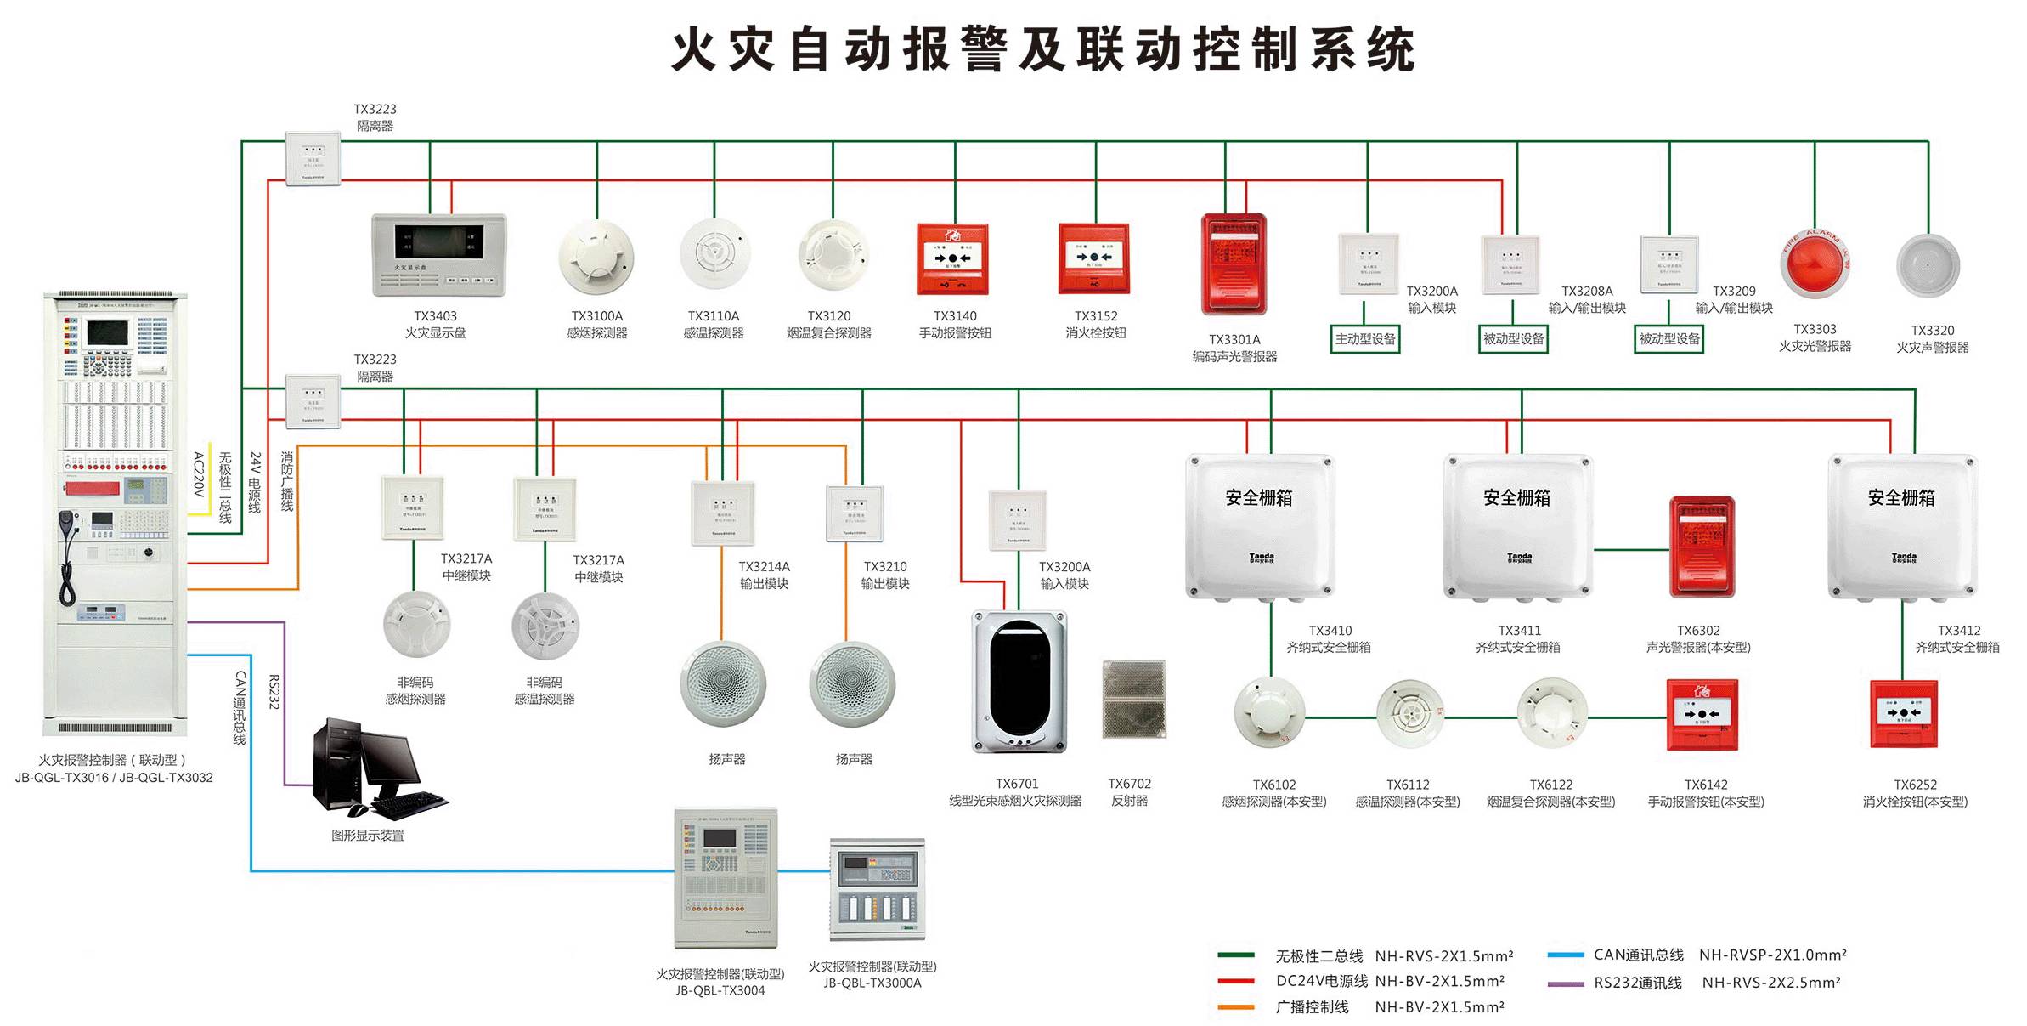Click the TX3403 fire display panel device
click(438, 254)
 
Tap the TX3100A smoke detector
click(596, 257)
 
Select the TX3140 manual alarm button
click(952, 258)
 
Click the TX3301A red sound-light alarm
click(1234, 264)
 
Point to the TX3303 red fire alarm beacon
click(1815, 264)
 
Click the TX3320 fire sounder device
click(1928, 266)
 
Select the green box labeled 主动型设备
click(1365, 339)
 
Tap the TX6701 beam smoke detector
click(1019, 683)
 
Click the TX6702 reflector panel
click(1133, 698)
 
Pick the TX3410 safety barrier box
click(1259, 527)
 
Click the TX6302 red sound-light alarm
click(1702, 547)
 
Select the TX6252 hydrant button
click(1904, 713)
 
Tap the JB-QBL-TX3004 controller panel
click(725, 877)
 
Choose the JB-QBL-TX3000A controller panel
click(876, 888)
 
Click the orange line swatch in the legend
click(1235, 1007)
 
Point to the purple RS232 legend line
click(1565, 983)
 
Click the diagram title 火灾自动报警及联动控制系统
click(1043, 49)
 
